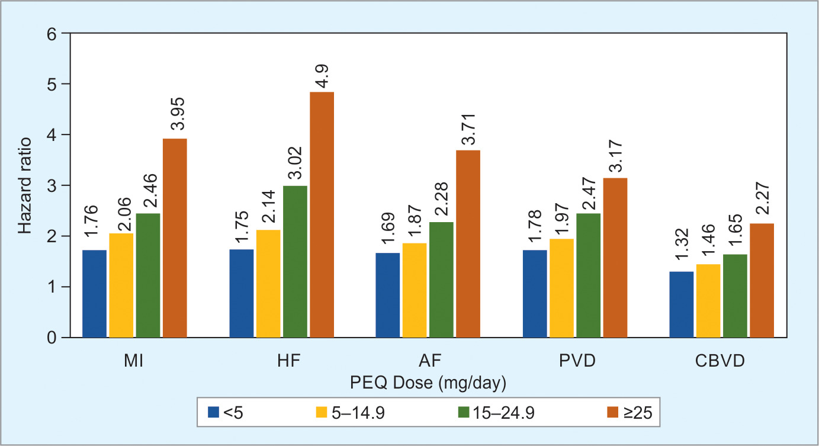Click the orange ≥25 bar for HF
[322, 215]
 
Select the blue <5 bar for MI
[95, 294]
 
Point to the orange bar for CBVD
[762, 280]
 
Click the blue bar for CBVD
[682, 304]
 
